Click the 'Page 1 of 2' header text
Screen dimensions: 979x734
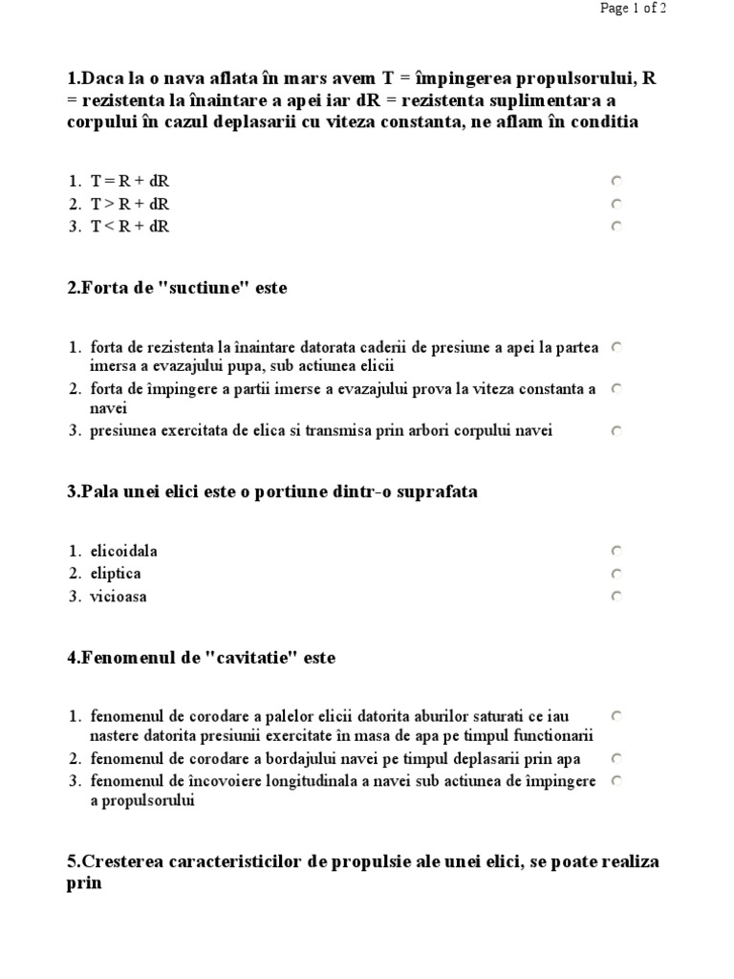(x=633, y=9)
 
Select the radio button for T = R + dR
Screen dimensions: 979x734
(x=616, y=181)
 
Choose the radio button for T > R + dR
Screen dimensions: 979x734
(x=616, y=204)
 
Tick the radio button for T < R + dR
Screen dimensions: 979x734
(x=616, y=227)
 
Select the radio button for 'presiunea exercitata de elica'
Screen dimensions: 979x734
(x=616, y=431)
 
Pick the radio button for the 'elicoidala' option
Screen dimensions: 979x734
(x=616, y=551)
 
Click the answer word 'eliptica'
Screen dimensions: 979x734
(x=116, y=574)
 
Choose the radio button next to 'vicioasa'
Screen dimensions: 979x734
(x=616, y=597)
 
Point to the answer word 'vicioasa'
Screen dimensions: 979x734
(x=119, y=597)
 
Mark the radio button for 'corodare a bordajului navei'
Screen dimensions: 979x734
(x=616, y=758)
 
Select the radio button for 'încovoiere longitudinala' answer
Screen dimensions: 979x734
(x=616, y=781)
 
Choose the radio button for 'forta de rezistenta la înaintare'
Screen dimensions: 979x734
(x=616, y=348)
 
